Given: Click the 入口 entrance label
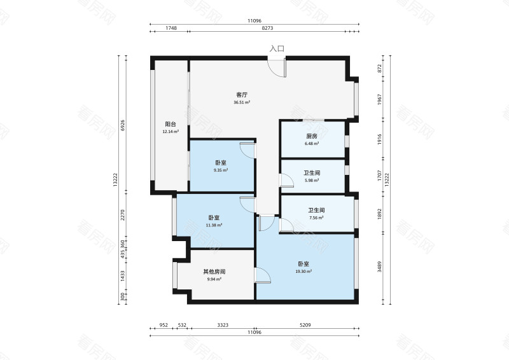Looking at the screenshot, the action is pyautogui.click(x=277, y=49).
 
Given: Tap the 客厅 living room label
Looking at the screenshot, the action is pyautogui.click(x=242, y=95).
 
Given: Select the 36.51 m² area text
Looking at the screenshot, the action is pyautogui.click(x=242, y=102).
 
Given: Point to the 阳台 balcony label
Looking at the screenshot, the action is pyautogui.click(x=171, y=124).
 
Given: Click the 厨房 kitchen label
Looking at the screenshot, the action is pyautogui.click(x=312, y=136).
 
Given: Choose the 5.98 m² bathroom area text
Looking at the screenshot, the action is pyautogui.click(x=312, y=180).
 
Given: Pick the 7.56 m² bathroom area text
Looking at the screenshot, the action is pyautogui.click(x=316, y=218).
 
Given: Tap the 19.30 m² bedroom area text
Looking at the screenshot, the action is pyautogui.click(x=303, y=272).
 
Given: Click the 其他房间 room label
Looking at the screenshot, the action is pyautogui.click(x=214, y=272).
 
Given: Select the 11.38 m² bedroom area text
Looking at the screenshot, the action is pyautogui.click(x=214, y=225).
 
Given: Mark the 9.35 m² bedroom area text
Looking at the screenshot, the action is pyautogui.click(x=221, y=170).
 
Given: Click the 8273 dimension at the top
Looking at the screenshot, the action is pyautogui.click(x=267, y=28).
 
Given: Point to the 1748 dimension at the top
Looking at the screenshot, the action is pyautogui.click(x=171, y=28).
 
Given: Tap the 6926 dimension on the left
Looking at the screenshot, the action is pyautogui.click(x=122, y=125).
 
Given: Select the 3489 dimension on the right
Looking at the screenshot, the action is pyautogui.click(x=379, y=267).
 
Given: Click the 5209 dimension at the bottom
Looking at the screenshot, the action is pyautogui.click(x=305, y=325).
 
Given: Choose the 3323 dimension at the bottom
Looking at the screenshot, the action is pyautogui.click(x=223, y=325).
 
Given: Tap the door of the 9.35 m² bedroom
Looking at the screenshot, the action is pyautogui.click(x=248, y=150).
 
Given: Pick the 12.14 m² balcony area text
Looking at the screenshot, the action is pyautogui.click(x=171, y=132).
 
